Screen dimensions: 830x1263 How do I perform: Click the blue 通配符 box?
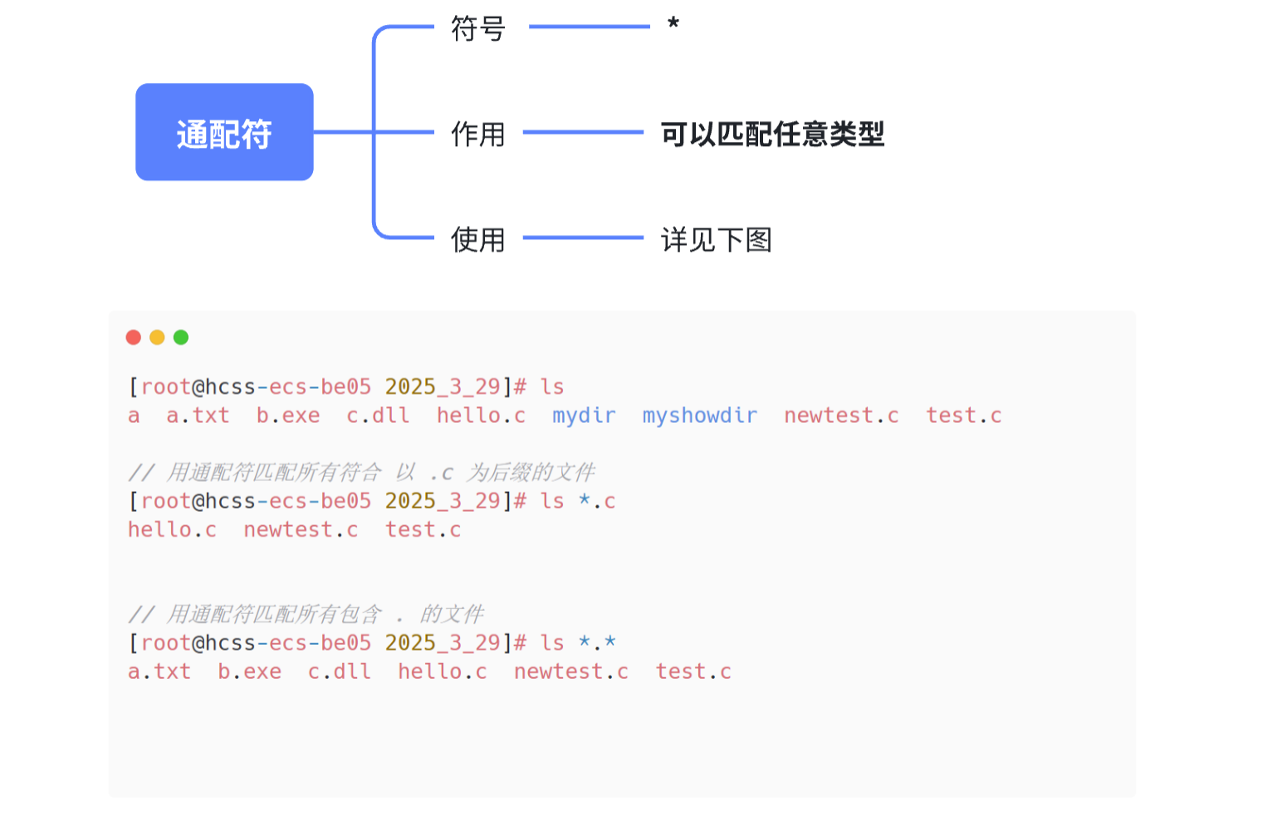point(224,132)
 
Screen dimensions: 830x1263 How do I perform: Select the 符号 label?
point(477,28)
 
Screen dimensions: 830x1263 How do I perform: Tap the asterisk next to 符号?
point(673,24)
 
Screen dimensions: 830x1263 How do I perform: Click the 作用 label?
point(477,134)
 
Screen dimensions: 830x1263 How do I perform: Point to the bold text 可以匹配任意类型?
point(772,134)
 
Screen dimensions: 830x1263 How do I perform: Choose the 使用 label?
point(477,240)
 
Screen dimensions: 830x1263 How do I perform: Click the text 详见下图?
point(716,240)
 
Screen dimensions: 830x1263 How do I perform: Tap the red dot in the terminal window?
point(134,337)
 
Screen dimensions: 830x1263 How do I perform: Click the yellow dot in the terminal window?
point(157,337)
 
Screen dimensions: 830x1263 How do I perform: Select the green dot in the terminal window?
point(181,337)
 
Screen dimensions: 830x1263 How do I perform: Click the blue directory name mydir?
point(584,415)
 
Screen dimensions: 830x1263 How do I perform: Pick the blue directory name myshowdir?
point(699,415)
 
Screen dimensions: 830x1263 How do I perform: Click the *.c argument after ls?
point(597,501)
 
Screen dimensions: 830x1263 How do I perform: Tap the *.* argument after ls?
point(597,642)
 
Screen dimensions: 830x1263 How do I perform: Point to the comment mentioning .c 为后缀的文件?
point(362,473)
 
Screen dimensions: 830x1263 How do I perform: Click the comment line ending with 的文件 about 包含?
point(306,614)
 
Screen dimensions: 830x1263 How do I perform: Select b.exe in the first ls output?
point(288,415)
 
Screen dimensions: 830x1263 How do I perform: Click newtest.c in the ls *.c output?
point(301,529)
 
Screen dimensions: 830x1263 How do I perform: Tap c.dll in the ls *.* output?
point(340,671)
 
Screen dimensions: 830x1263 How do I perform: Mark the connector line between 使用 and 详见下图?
point(583,238)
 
